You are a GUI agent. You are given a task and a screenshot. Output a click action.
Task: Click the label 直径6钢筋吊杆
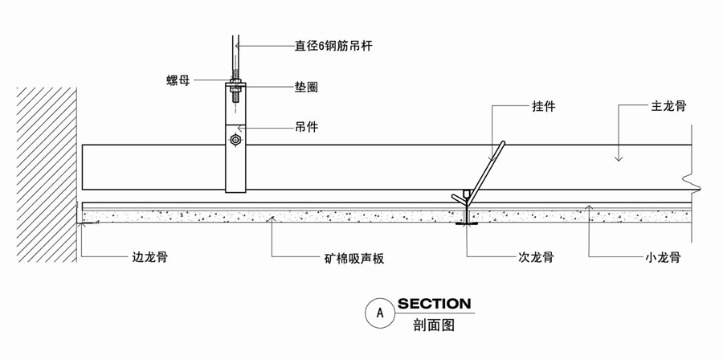(333, 46)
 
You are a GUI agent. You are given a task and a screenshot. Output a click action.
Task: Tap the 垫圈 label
(307, 87)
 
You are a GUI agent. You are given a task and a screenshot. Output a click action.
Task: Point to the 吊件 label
(306, 127)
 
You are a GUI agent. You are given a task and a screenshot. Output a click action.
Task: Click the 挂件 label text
(544, 105)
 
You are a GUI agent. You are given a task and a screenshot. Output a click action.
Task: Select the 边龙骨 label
(149, 258)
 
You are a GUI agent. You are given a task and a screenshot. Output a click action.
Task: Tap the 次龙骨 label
(536, 258)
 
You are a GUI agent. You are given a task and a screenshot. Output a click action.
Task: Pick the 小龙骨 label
(663, 258)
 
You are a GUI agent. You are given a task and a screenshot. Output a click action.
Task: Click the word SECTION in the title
(434, 304)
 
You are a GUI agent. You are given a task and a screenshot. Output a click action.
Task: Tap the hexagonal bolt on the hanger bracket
(235, 140)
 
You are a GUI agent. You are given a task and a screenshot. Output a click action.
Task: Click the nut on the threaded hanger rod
(235, 81)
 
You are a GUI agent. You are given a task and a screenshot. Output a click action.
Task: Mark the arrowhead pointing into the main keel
(619, 158)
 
